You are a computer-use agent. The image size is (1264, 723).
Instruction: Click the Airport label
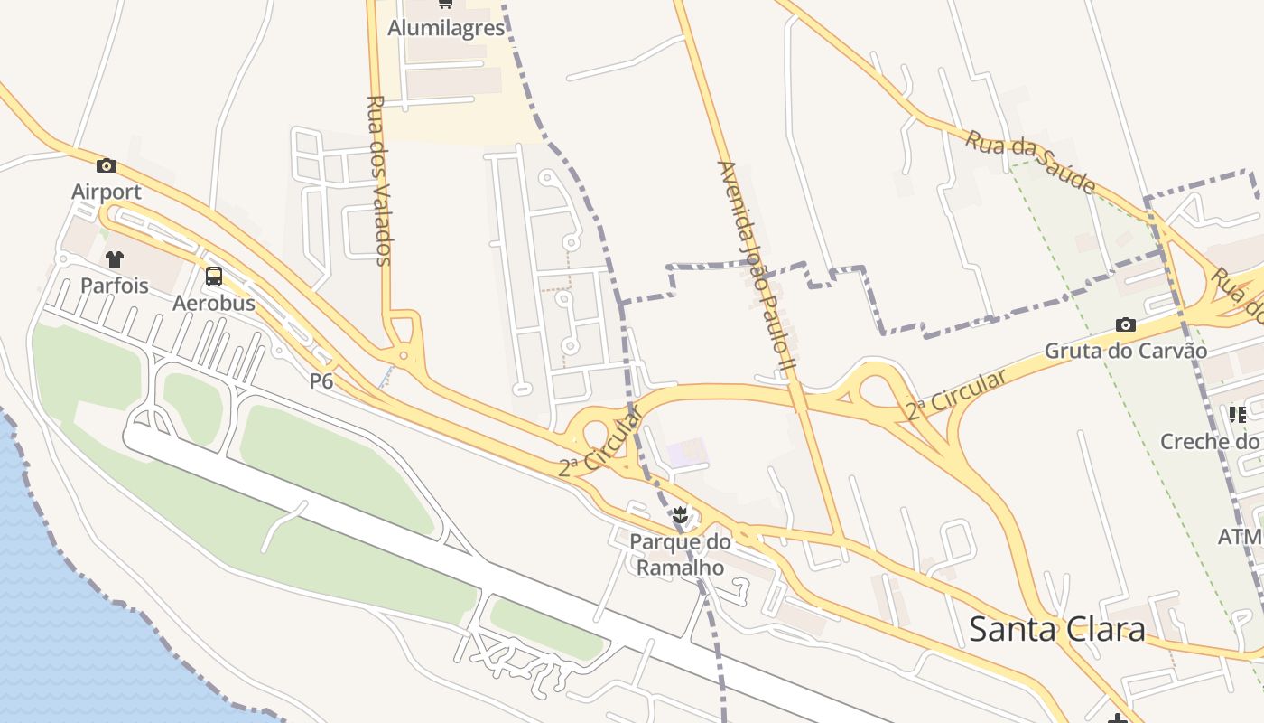pos(107,192)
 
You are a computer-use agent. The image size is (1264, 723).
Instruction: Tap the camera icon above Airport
pos(107,165)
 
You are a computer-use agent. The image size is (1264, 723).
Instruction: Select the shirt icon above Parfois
pos(114,259)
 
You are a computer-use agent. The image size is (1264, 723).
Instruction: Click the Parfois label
pos(114,286)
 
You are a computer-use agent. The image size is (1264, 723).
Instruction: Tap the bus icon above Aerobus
pos(214,277)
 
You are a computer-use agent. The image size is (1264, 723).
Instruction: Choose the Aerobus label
pos(214,303)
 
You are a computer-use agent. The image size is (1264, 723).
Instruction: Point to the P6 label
pos(321,381)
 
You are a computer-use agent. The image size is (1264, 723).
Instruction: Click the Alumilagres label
pos(446,28)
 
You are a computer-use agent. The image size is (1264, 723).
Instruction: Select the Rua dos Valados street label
pos(380,180)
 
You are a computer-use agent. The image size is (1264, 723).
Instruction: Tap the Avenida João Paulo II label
pos(755,268)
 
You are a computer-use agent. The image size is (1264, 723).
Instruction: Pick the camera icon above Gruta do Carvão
pos(1125,324)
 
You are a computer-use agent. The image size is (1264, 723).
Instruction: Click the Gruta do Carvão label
pos(1125,351)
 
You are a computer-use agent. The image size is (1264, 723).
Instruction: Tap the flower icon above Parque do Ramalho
pos(679,516)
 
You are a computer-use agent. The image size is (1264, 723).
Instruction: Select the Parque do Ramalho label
pos(679,554)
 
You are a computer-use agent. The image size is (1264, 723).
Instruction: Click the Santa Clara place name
pos(1056,629)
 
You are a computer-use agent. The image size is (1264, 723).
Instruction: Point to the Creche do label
pos(1210,441)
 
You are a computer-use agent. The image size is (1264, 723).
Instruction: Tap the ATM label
pos(1240,537)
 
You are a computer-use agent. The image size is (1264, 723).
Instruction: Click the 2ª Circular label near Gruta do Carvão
pos(957,394)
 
